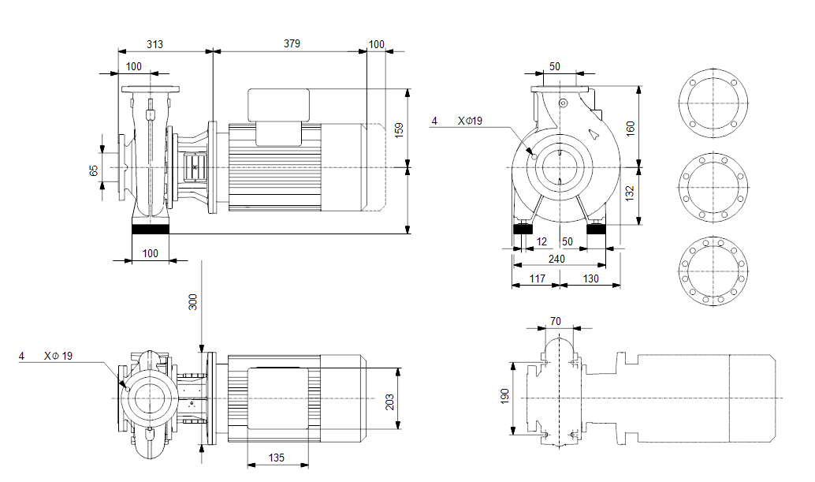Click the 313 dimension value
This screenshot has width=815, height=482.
coord(154,44)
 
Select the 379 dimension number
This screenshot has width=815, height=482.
coord(292,44)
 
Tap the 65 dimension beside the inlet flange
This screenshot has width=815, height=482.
coord(94,170)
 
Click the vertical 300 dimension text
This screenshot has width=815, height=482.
coord(192,301)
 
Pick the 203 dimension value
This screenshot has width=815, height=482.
coord(389,401)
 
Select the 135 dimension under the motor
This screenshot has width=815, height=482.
coord(277,457)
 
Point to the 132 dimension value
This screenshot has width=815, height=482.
coord(630,192)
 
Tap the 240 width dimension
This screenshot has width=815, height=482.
coord(557,258)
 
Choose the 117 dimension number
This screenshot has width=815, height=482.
coord(538,278)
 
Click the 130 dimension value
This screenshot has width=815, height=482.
coord(590,278)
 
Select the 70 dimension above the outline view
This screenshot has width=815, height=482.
coord(555,321)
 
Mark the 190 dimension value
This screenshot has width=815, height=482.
coord(505,394)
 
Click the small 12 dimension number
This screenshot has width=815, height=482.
coord(541,241)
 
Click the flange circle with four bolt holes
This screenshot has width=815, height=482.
coord(712,104)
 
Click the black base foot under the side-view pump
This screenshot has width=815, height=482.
coord(151,230)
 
